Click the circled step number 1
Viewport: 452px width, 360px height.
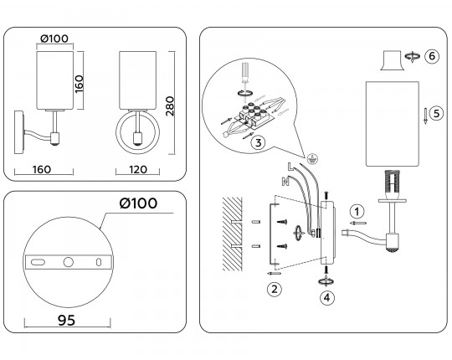coord(357,211)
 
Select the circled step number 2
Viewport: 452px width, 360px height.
coord(274,291)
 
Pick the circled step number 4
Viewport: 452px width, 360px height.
coord(326,295)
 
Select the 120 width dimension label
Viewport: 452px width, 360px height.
coord(138,169)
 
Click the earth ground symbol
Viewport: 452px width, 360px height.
coord(312,157)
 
